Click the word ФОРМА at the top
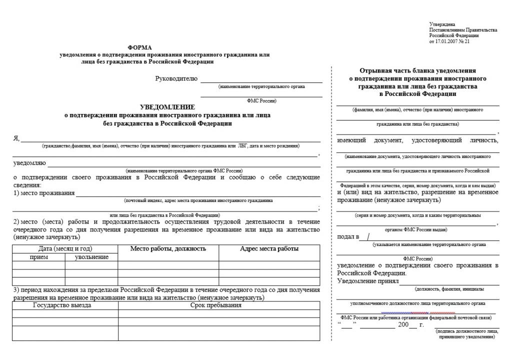tap(139, 47)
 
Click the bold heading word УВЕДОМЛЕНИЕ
tap(167, 107)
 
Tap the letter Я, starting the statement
tap(16, 138)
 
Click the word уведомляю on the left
tap(29, 163)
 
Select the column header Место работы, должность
tap(168, 248)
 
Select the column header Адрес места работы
tap(269, 248)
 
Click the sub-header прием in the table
tap(39, 257)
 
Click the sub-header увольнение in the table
tap(91, 257)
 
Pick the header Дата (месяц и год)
tap(65, 248)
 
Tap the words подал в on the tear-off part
tap(348, 236)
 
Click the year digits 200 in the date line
tap(403, 325)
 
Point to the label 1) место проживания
tap(43, 193)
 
